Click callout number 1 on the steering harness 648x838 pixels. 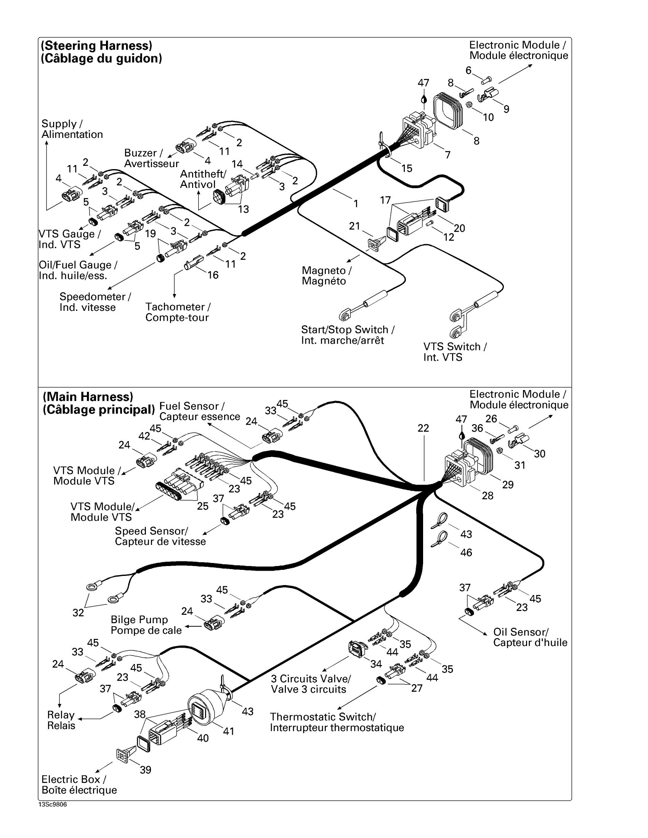(x=356, y=204)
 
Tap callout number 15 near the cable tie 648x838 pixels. (x=407, y=168)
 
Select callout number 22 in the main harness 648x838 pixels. (x=423, y=428)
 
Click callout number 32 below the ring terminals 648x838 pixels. (x=78, y=613)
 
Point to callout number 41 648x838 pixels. (x=229, y=731)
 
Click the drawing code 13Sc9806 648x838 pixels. (x=53, y=804)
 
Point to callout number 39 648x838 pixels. (x=146, y=770)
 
